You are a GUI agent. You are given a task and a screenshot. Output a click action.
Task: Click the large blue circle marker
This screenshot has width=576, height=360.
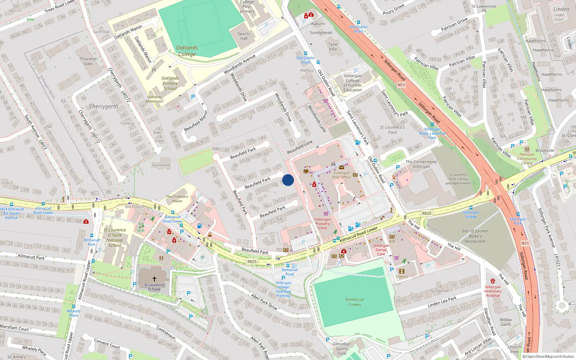(x=288, y=180)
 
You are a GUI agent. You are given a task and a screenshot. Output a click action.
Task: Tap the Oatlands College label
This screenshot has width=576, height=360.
(x=187, y=51)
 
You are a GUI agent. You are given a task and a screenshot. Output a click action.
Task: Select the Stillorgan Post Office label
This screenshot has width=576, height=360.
(x=341, y=175)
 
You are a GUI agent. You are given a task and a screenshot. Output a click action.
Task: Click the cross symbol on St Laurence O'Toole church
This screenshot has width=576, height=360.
(x=154, y=279)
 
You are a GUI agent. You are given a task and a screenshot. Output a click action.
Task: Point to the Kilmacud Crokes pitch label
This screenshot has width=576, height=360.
(x=355, y=302)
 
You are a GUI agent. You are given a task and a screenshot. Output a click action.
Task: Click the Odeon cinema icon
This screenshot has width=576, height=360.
(x=402, y=271)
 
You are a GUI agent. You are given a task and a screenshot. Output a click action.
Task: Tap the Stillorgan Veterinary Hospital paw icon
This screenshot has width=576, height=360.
(x=492, y=281)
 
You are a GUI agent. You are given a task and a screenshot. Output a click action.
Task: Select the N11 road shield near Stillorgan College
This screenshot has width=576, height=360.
(x=401, y=85)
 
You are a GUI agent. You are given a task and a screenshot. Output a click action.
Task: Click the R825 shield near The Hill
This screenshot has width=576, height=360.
(x=427, y=213)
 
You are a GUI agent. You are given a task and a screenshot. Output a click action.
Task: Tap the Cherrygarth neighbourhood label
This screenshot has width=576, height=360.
(x=104, y=106)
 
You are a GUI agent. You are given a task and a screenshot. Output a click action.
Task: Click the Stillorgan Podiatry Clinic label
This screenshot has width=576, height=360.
(x=323, y=224)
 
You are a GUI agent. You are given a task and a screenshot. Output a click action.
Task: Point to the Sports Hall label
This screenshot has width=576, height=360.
(x=244, y=36)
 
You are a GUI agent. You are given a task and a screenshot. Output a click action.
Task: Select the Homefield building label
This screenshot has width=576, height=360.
(x=161, y=165)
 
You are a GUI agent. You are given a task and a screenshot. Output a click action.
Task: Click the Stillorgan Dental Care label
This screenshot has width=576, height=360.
(x=381, y=249)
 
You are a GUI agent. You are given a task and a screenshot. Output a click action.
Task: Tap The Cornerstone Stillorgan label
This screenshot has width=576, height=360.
(x=421, y=164)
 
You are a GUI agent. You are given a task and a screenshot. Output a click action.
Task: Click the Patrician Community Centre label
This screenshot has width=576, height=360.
(x=527, y=158)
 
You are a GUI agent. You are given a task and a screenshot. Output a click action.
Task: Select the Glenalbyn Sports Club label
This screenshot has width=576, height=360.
(x=342, y=348)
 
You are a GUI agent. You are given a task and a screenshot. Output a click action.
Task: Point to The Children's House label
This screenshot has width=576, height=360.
(x=177, y=199)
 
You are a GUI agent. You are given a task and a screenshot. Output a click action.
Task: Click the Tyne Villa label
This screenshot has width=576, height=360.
(x=333, y=46)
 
